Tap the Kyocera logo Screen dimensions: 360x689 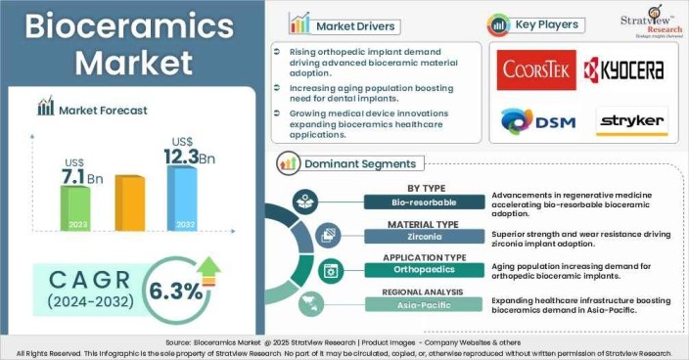coord(623,69)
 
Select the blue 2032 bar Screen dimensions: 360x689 coord(181,196)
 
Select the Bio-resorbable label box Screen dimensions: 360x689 coord(426,202)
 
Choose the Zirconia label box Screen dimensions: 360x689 coord(426,236)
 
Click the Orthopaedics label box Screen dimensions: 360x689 coord(426,269)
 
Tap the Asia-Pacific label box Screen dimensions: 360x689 coord(426,303)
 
